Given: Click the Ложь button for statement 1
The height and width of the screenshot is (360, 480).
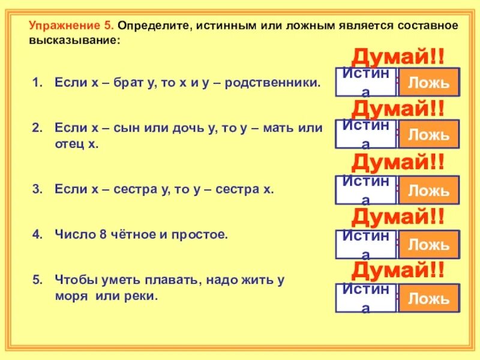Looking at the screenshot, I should click(428, 83).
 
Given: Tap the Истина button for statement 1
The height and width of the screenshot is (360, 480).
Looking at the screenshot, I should click(365, 83).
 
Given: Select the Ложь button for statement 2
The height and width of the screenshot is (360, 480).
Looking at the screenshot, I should click(428, 134).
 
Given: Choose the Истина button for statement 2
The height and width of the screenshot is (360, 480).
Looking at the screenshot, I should click(365, 134).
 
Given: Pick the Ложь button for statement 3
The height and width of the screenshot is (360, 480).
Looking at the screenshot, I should click(428, 191).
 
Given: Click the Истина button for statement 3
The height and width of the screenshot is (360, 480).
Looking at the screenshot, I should click(365, 191).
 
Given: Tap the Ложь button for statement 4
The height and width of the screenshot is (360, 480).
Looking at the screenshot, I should click(428, 245).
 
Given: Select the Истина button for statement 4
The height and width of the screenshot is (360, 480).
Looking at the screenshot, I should click(365, 245).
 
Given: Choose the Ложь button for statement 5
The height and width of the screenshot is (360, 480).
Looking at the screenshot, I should click(428, 298).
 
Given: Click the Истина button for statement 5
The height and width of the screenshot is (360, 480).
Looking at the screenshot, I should click(365, 298).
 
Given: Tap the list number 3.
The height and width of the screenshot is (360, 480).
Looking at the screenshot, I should click(37, 190).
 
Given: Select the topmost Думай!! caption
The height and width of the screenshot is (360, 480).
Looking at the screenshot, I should click(398, 58).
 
